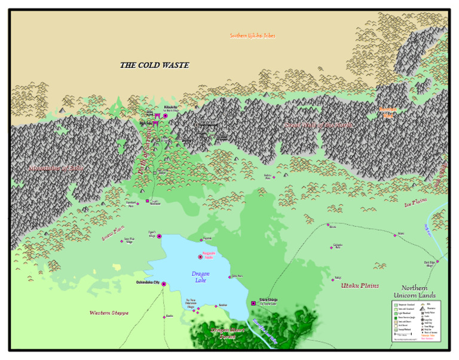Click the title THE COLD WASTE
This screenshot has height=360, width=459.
click(x=154, y=65)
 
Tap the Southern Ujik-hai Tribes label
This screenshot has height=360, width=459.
click(x=252, y=36)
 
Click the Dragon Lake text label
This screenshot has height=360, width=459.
click(x=200, y=276)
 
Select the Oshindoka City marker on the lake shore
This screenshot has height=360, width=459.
click(x=163, y=284)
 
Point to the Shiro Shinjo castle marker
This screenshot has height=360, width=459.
click(x=253, y=303)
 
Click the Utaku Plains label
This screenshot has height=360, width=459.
click(x=360, y=286)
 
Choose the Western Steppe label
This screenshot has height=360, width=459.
click(x=109, y=313)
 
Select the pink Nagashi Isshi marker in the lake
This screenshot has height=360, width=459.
click(x=201, y=257)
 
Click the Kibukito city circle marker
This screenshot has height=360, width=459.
click(x=166, y=116)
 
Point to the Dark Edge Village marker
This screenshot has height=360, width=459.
click(x=437, y=261)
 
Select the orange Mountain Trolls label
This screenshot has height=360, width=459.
click(x=388, y=112)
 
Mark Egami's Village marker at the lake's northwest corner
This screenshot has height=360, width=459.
click(x=159, y=236)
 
